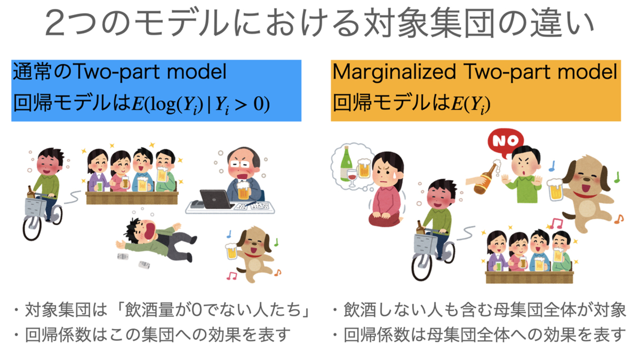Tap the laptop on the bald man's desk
pos(216,199)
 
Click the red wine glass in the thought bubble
pos(352,177)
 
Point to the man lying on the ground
pos(156,239)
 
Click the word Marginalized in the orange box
pos(394,72)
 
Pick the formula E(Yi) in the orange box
pos(471,104)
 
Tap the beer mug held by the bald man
pos(243,190)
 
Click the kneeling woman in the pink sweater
pos(385,189)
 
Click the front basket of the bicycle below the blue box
pos(35,207)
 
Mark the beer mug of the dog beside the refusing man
pos(555,190)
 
